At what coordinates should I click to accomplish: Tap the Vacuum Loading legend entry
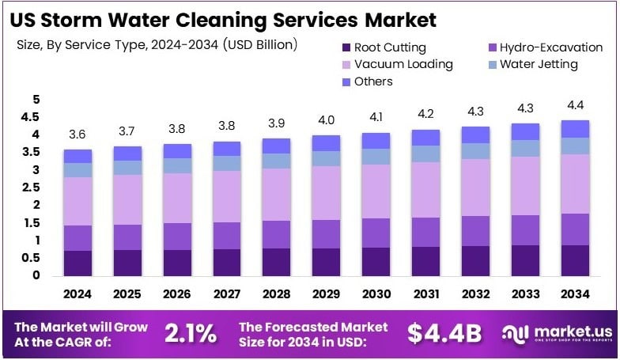[395, 64]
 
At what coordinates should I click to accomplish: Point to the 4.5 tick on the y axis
[31, 117]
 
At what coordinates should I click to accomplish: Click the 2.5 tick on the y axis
[31, 188]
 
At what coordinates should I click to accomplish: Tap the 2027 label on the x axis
[226, 294]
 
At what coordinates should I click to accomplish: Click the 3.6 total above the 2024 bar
[77, 135]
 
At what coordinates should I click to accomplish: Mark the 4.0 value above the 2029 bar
[326, 120]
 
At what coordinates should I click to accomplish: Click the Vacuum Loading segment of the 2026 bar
[178, 198]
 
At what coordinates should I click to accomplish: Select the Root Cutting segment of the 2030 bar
[376, 261]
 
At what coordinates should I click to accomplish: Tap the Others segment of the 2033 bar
[524, 131]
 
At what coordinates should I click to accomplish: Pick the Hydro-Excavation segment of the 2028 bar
[276, 234]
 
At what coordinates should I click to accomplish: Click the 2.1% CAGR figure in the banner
[190, 334]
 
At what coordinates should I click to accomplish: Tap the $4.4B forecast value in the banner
[444, 334]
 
